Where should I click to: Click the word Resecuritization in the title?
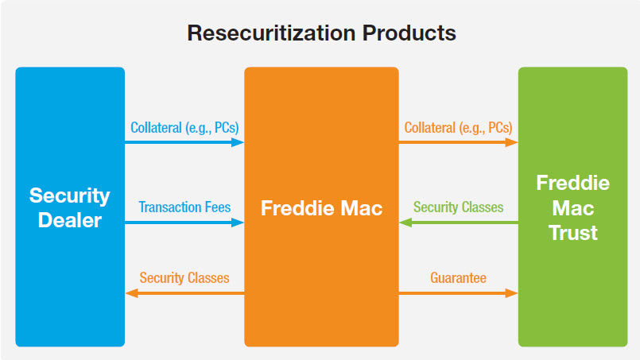pos(271,33)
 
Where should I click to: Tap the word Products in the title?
pos(409,33)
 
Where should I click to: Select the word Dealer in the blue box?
pos(70,220)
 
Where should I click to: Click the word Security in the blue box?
pos(70,196)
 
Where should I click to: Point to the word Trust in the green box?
pos(573,233)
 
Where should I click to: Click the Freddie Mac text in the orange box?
pos(322,208)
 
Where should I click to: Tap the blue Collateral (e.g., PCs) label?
pos(184,128)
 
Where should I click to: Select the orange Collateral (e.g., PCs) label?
pos(459,128)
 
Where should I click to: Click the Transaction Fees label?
pos(184,207)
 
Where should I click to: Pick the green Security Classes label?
pos(459,207)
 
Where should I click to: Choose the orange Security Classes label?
pos(184,278)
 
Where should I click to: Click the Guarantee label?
pos(459,278)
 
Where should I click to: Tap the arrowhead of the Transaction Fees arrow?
pos(238,223)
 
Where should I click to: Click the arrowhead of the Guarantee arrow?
pos(512,293)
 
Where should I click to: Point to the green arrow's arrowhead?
pos(405,223)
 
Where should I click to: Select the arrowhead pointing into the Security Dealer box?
pos(131,293)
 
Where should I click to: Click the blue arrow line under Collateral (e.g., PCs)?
pos(184,142)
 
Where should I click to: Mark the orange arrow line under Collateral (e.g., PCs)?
pos(459,142)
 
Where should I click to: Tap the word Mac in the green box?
pos(573,208)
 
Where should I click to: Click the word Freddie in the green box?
pos(573,183)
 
